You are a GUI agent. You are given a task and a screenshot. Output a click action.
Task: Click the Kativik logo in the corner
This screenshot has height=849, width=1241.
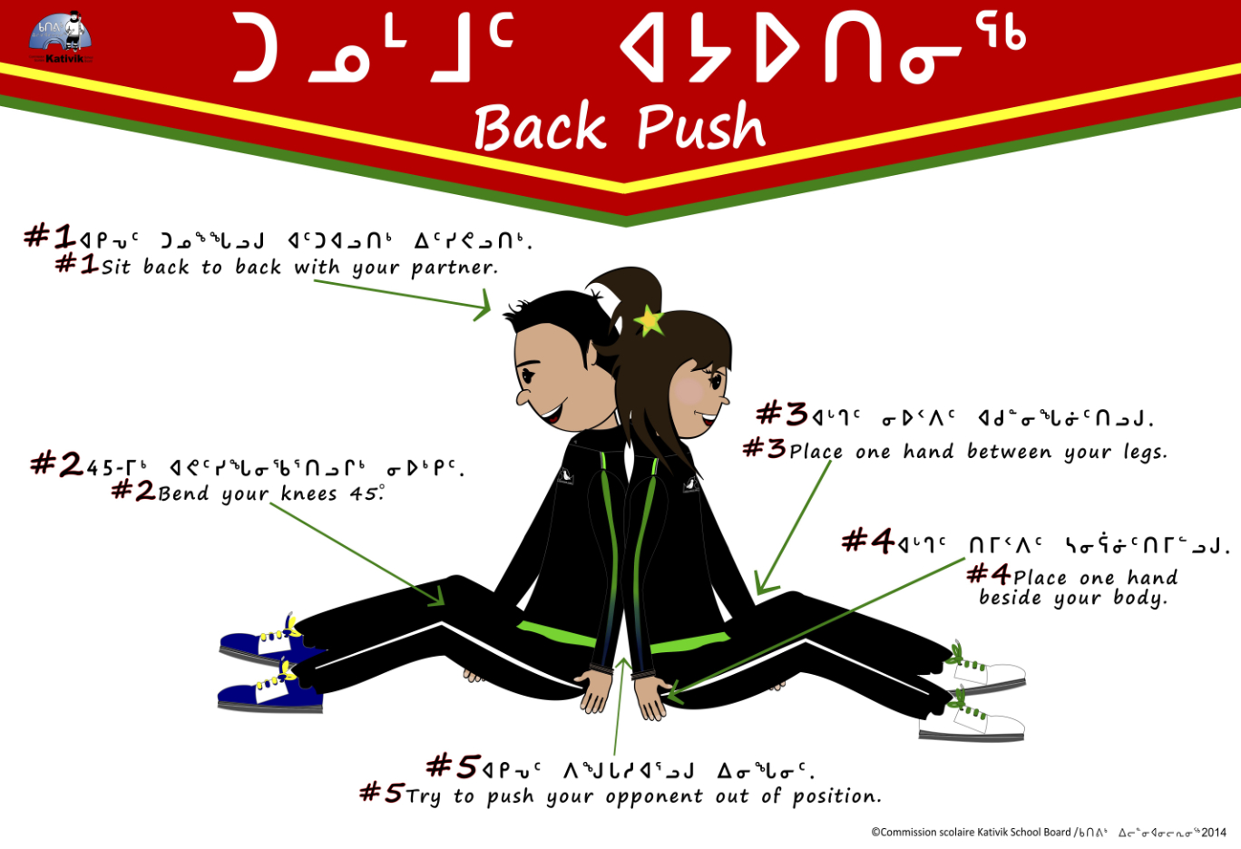[61, 37]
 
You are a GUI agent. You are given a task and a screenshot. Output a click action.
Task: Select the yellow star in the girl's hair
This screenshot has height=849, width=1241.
[649, 320]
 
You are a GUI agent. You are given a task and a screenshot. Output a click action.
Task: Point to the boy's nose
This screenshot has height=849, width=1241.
[523, 396]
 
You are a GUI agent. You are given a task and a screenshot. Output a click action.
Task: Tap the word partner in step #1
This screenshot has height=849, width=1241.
[454, 268]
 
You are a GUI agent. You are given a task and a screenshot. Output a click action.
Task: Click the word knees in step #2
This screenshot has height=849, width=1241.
[308, 493]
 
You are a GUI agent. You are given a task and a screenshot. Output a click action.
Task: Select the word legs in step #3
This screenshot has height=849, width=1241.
[1145, 453]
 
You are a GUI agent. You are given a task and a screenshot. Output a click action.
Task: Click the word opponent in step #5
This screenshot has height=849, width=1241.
[654, 797]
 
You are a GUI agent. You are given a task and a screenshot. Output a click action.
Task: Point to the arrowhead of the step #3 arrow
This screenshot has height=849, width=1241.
[764, 585]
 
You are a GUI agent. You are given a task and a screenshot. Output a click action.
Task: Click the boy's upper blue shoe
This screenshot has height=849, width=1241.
[265, 642]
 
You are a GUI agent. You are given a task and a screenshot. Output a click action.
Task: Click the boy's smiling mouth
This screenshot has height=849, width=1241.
[552, 414]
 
